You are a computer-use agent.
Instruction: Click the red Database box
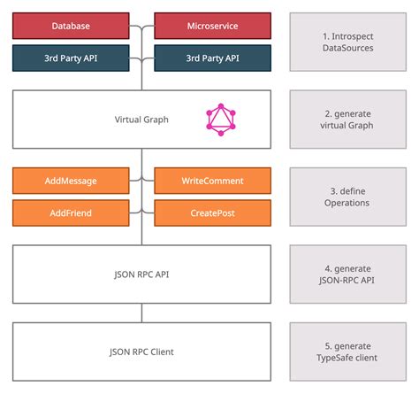(71, 27)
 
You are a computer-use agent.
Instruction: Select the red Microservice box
(211, 27)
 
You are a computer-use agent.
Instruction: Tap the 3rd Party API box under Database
(71, 58)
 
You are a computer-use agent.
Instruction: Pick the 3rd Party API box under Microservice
(211, 58)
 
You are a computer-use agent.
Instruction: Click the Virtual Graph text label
(141, 120)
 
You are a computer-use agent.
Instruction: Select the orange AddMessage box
(71, 181)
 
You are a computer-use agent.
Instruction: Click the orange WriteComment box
(211, 181)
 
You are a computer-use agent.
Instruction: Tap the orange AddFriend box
(71, 213)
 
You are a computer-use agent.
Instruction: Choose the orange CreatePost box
(211, 213)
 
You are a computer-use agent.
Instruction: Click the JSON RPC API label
(141, 274)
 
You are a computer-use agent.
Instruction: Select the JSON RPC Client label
(141, 352)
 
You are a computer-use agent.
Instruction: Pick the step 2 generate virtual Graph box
(347, 119)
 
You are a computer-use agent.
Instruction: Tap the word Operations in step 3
(347, 203)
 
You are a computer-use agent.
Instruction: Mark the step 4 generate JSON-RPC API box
(347, 274)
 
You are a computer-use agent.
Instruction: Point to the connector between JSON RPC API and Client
(141, 313)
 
